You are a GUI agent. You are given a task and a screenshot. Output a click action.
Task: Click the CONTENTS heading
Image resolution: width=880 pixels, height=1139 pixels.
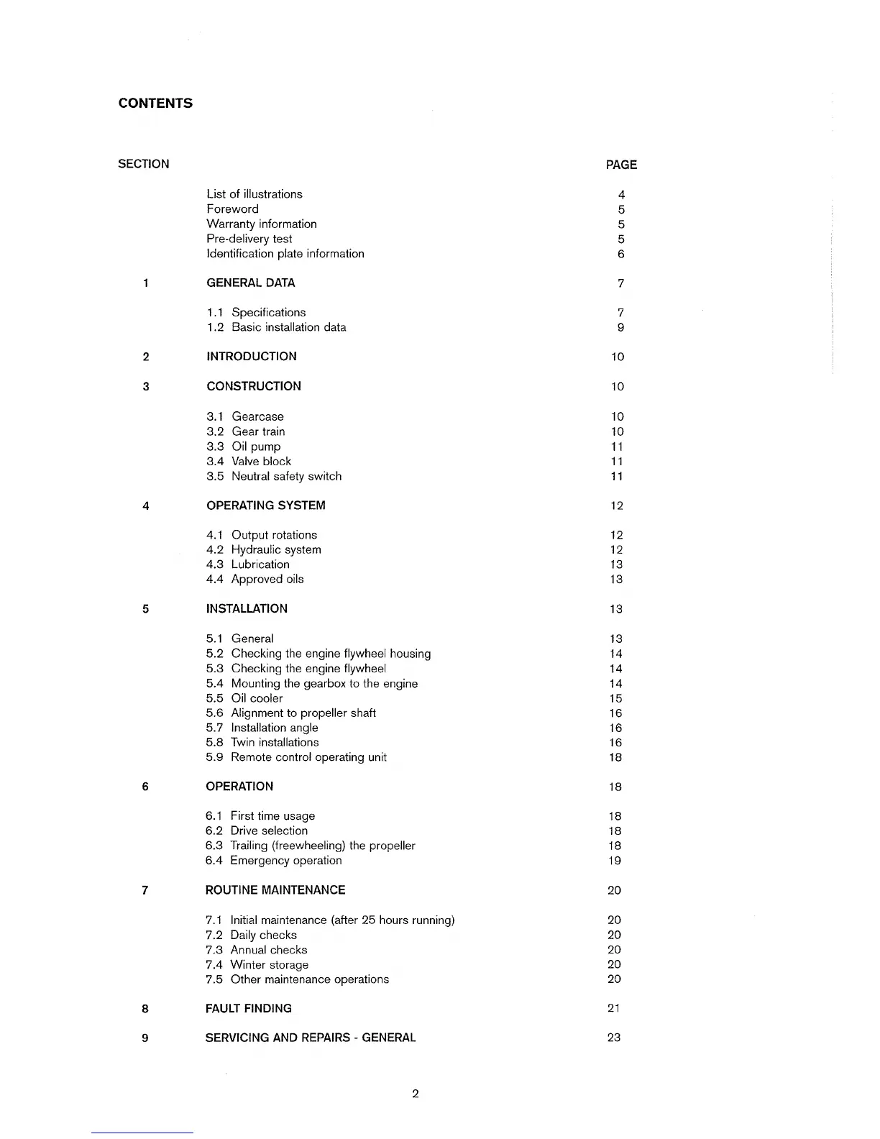click(155, 103)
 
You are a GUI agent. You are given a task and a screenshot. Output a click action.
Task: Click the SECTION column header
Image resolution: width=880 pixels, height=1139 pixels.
click(144, 164)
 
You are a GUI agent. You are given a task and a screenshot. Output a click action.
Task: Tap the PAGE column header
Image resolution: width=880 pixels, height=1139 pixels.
click(621, 165)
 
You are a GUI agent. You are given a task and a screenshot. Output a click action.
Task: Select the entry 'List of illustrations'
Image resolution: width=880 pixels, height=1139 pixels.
click(255, 194)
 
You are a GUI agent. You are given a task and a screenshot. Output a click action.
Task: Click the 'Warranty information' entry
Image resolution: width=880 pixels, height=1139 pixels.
click(262, 224)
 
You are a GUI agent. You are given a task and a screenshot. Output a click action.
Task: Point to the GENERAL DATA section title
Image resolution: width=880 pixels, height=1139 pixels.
click(251, 283)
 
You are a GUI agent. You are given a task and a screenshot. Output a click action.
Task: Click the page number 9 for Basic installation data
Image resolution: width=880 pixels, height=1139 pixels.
click(620, 327)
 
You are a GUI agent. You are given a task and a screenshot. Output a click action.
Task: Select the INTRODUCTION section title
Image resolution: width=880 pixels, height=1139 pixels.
click(252, 357)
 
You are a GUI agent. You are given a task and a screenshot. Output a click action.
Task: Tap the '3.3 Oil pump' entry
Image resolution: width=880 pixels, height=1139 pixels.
click(244, 447)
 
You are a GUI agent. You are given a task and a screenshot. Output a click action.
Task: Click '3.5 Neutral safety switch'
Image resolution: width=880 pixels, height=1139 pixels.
click(274, 476)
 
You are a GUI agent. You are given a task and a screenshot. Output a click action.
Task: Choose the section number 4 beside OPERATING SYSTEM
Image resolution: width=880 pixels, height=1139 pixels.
click(146, 506)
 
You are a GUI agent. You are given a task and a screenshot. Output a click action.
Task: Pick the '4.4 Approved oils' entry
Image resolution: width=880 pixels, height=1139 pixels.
click(255, 579)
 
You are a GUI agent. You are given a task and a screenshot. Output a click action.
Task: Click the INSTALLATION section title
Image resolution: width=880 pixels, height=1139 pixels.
click(247, 608)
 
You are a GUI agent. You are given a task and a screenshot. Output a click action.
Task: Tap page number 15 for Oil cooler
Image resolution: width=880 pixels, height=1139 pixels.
click(615, 698)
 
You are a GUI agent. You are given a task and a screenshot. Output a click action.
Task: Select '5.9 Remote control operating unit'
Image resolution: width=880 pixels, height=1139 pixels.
click(296, 757)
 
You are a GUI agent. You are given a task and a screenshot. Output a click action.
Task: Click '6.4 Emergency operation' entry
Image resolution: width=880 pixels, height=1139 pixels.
click(274, 860)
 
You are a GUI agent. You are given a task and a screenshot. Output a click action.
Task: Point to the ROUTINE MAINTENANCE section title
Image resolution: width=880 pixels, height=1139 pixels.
click(275, 890)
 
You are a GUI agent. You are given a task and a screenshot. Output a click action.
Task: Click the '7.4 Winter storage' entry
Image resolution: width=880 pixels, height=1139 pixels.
click(257, 964)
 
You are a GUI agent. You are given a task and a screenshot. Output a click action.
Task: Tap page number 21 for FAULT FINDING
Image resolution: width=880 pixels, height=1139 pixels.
click(614, 1008)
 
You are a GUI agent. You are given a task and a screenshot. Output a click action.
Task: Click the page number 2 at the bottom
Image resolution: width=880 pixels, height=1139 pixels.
click(416, 1094)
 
